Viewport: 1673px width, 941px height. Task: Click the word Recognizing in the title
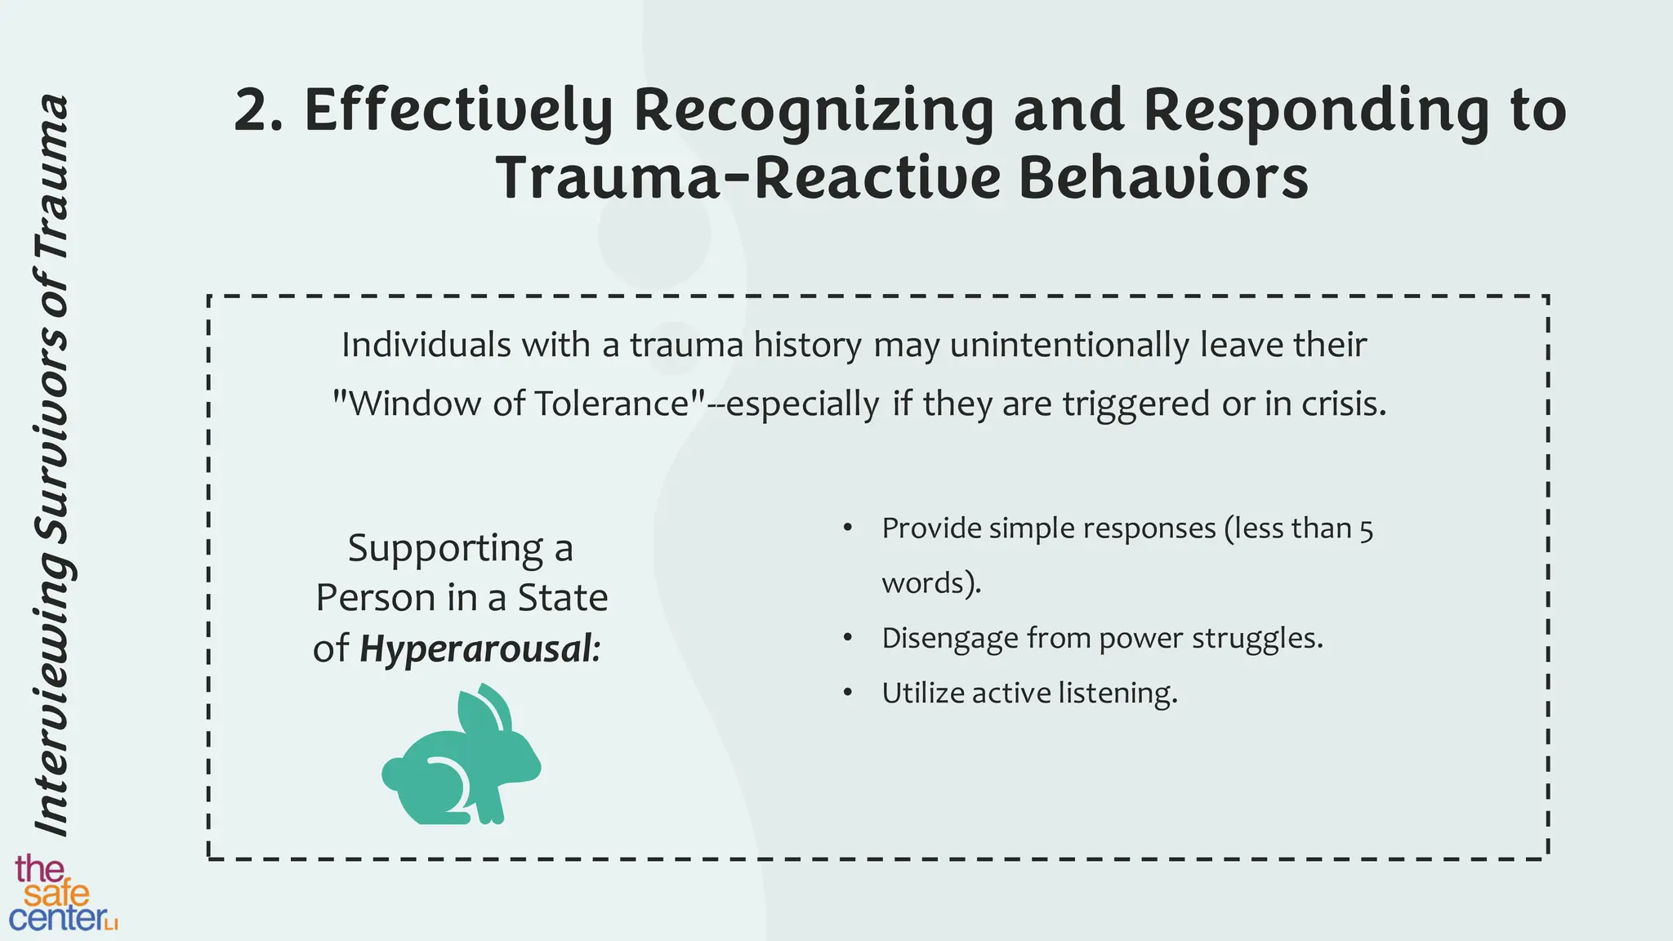[814, 111]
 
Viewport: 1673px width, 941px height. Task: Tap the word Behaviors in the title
[1163, 179]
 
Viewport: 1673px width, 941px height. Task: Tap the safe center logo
[62, 894]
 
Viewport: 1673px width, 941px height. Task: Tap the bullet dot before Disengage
[848, 638]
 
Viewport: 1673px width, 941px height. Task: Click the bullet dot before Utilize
[848, 693]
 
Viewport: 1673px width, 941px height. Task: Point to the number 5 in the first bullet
[1366, 529]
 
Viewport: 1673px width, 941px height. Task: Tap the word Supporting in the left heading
[445, 548]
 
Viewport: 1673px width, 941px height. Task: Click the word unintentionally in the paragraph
[1071, 345]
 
